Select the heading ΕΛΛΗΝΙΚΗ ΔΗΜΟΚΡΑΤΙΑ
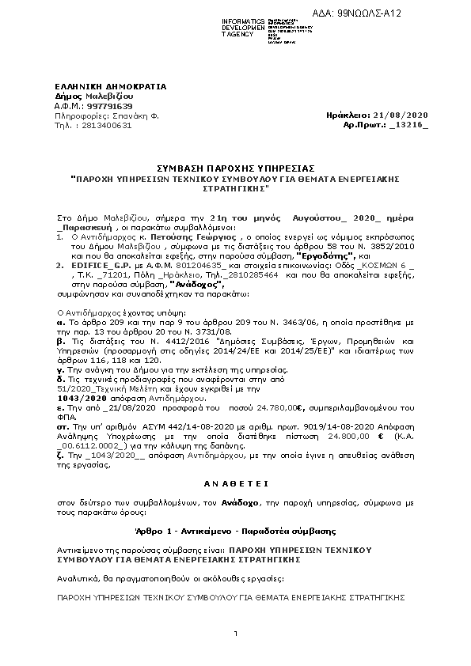coord(99,85)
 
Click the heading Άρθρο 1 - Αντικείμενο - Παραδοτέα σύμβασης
coord(236,529)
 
